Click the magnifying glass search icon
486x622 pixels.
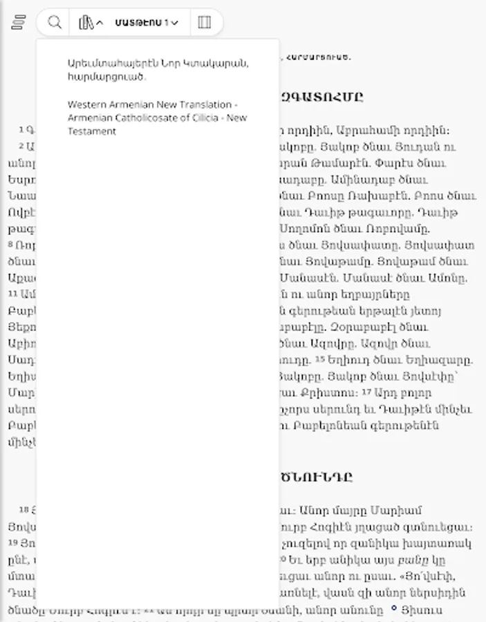click(55, 22)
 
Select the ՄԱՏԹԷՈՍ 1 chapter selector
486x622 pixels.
click(147, 22)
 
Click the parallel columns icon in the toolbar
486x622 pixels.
click(204, 22)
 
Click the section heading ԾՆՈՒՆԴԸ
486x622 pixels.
click(317, 477)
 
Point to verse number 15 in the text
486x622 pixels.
click(320, 359)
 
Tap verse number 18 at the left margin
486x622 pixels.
click(24, 509)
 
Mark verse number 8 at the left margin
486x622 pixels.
click(11, 245)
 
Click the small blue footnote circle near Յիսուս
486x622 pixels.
click(394, 608)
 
